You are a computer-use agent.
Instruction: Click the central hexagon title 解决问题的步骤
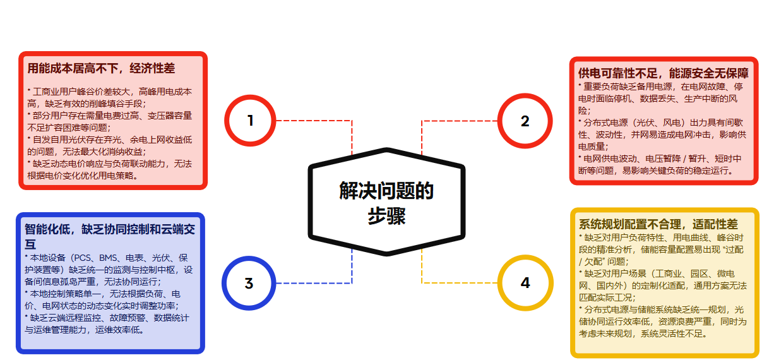pyautogui.click(x=386, y=203)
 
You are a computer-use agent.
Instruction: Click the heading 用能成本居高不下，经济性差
pyautogui.click(x=101, y=68)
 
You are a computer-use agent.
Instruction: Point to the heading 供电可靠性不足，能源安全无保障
pyautogui.click(x=664, y=73)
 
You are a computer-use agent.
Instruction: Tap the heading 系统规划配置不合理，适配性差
pyautogui.click(x=658, y=224)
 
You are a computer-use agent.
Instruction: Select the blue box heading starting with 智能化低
pyautogui.click(x=110, y=237)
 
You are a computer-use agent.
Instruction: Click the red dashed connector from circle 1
pyautogui.click(x=352, y=121)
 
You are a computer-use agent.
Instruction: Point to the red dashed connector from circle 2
pyautogui.click(x=422, y=121)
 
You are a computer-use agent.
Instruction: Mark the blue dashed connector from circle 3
pyautogui.click(x=352, y=283)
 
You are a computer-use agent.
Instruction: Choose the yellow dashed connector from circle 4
pyautogui.click(x=422, y=282)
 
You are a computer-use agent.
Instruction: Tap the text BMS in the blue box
pyautogui.click(x=108, y=258)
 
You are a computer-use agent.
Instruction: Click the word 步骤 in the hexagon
pyautogui.click(x=386, y=216)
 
